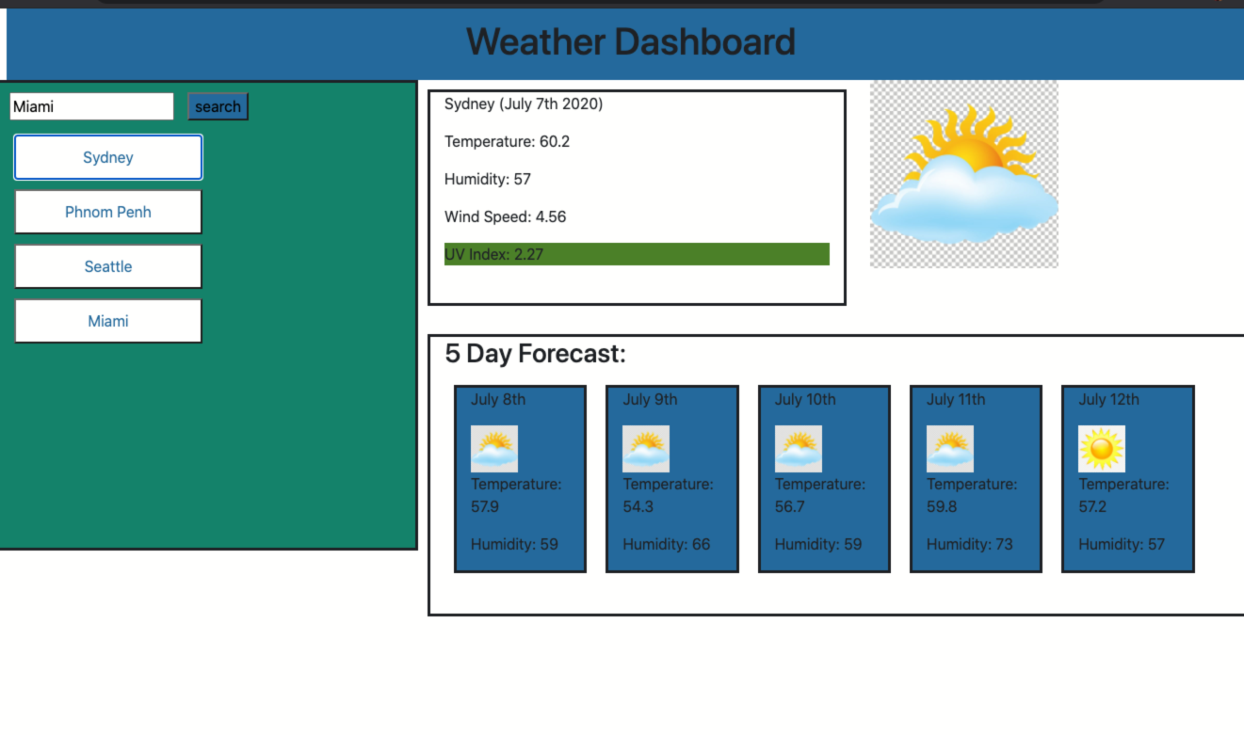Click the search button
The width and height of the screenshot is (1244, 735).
tap(218, 106)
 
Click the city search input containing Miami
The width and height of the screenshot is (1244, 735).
tap(91, 106)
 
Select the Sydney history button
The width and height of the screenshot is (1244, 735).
tap(108, 157)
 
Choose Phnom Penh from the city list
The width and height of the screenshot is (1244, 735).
tap(108, 212)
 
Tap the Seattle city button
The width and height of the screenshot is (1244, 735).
tap(108, 266)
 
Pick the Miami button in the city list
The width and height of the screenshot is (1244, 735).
tap(108, 321)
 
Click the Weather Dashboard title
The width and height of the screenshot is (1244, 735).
tap(630, 42)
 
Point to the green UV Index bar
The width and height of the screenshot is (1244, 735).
tap(637, 254)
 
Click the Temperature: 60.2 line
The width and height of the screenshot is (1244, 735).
tap(507, 141)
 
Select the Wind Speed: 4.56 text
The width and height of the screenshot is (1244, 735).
tap(505, 216)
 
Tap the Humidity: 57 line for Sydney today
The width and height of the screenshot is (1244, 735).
tap(488, 179)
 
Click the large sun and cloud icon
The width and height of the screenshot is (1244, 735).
tap(963, 174)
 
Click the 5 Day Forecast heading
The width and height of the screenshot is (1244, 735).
tap(535, 354)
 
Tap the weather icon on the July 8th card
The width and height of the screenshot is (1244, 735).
tap(494, 449)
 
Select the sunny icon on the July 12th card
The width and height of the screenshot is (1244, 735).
tap(1102, 449)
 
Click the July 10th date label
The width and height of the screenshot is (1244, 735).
tap(805, 399)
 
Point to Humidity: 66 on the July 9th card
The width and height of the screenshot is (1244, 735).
tap(667, 544)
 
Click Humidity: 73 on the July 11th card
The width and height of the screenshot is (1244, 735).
tap(970, 544)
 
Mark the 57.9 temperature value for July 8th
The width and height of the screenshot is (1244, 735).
tap(485, 506)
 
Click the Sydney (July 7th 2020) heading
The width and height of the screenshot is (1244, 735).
tap(524, 104)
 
